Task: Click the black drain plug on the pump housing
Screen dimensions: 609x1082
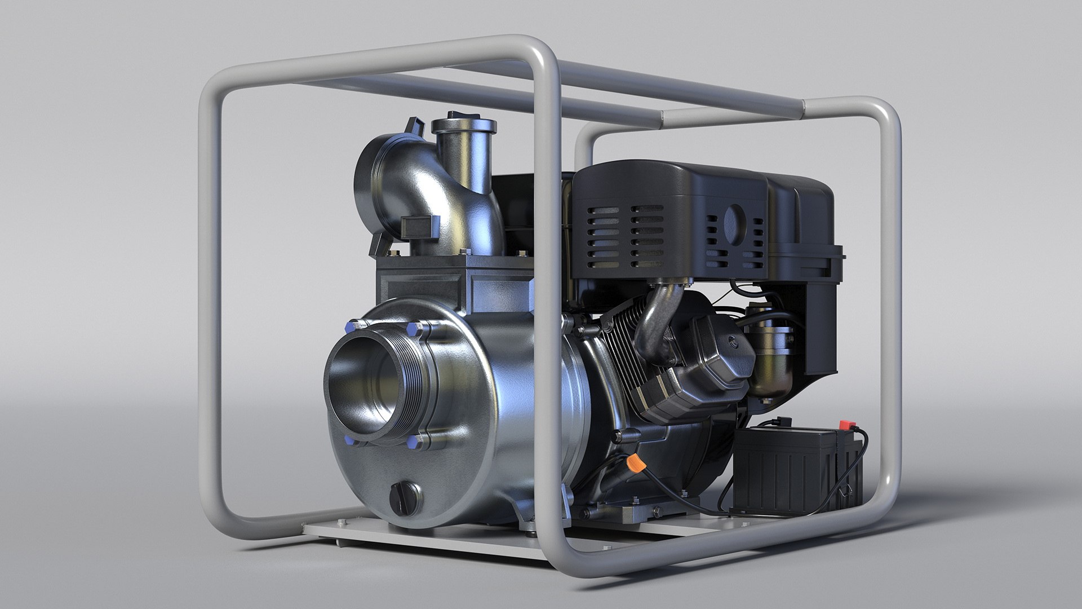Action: pos(405,497)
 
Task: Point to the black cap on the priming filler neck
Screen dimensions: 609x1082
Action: pos(462,117)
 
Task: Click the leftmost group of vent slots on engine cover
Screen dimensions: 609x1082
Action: pos(602,236)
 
